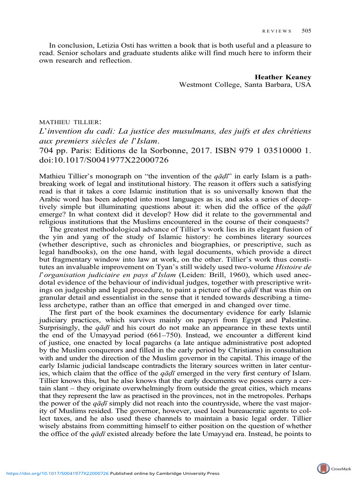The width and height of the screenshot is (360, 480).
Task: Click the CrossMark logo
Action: (323, 468)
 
